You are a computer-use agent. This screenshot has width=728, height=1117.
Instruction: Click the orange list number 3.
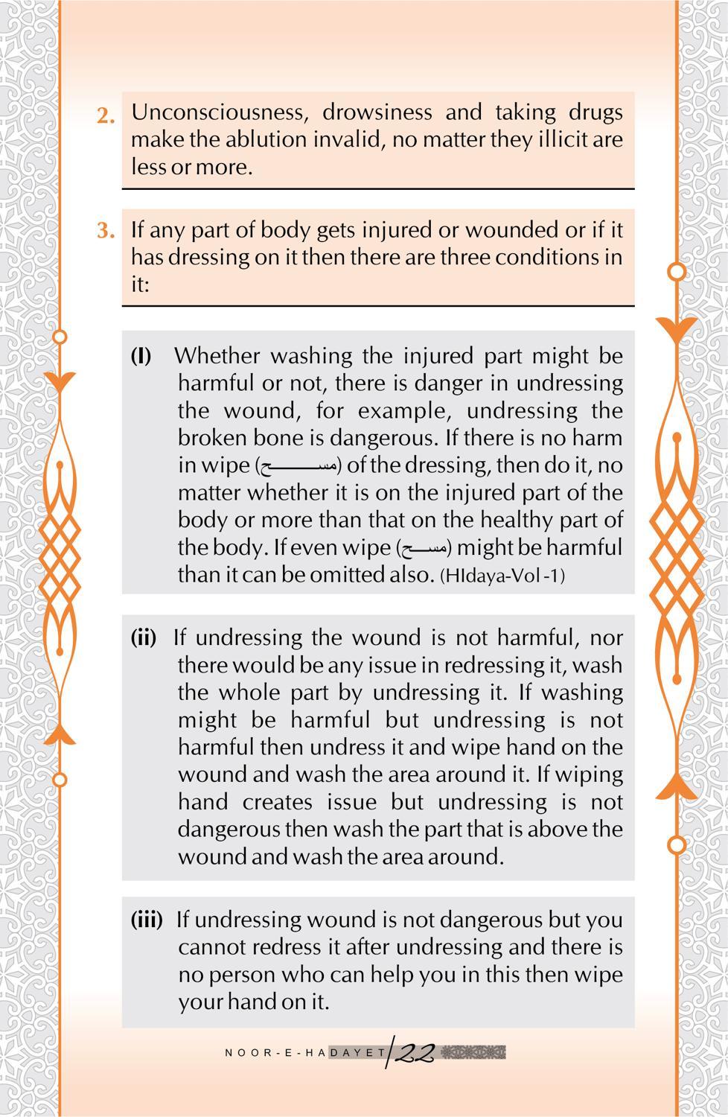click(x=106, y=231)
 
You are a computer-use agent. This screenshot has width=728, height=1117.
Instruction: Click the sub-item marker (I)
click(x=141, y=356)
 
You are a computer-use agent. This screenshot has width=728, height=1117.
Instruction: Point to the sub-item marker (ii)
click(x=144, y=637)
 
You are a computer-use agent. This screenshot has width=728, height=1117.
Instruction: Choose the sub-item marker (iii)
click(x=147, y=920)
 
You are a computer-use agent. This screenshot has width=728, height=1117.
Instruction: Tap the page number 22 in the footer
click(x=414, y=1052)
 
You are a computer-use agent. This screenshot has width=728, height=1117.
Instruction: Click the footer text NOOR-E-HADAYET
click(x=305, y=1053)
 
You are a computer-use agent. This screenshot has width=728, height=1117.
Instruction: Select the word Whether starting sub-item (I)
click(x=217, y=356)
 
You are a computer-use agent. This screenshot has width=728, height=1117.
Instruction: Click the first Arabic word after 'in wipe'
click(x=298, y=467)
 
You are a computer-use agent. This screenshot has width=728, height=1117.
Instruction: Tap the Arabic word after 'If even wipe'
click(x=424, y=549)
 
